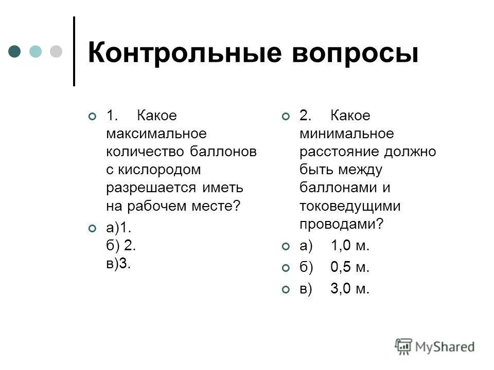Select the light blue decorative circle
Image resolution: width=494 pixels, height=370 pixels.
click(36, 51)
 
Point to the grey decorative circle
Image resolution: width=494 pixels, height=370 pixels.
click(55, 51)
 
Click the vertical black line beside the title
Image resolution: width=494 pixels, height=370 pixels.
click(75, 51)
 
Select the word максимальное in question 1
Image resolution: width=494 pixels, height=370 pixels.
click(156, 134)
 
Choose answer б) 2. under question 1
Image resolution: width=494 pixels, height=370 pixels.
click(121, 246)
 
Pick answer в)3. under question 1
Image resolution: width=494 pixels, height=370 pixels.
click(119, 264)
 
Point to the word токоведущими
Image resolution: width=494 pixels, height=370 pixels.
click(350, 206)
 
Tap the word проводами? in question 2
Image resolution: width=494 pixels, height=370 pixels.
click(342, 224)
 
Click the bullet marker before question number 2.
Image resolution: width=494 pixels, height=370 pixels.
click(286, 117)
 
